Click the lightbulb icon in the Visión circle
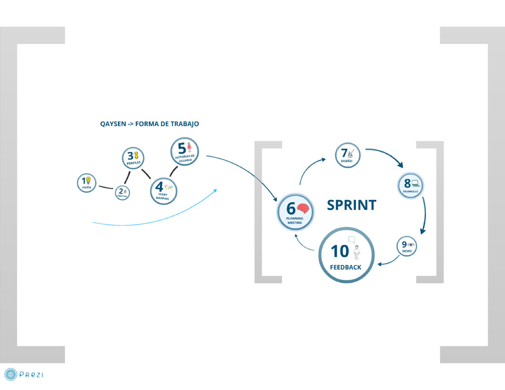pos(88,180)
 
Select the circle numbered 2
pos(122,193)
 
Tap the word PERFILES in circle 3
pos(133,163)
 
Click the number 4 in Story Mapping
pos(159,187)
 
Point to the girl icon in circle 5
pos(189,147)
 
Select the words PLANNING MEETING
pos(294,220)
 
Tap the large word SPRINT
pos(352,205)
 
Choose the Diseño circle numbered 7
pos(348,155)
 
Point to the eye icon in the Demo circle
pos(411,245)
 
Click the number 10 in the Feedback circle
pos(340,251)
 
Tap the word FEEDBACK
pos(346,267)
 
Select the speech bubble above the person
pos(352,240)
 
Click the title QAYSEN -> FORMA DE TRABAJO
pos(149,124)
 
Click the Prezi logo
pos(24,375)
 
